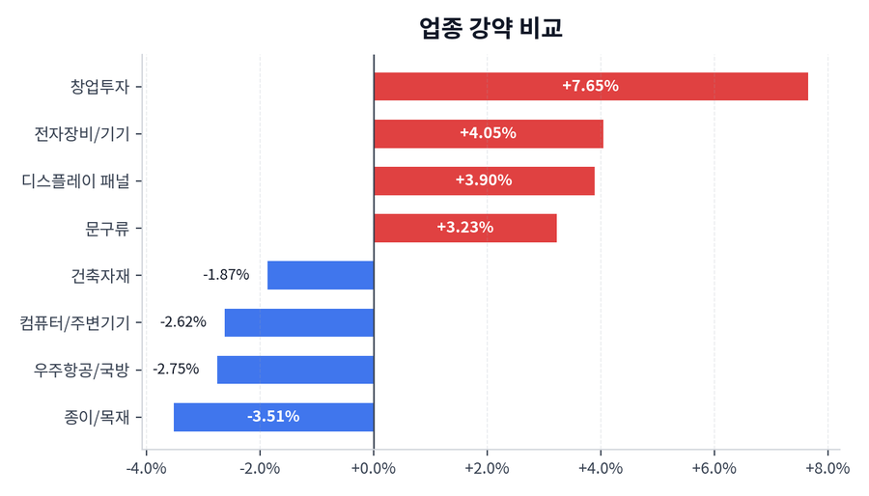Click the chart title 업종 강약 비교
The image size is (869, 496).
(491, 28)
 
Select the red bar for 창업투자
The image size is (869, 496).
(590, 86)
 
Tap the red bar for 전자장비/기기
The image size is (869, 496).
(488, 133)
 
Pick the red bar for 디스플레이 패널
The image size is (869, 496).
(484, 180)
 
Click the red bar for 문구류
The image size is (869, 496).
(464, 228)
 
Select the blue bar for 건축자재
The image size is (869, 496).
(321, 275)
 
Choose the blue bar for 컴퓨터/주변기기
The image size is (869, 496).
(299, 322)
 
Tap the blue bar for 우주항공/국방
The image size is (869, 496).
(295, 370)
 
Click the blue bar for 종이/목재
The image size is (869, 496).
(273, 417)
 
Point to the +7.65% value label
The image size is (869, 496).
(590, 86)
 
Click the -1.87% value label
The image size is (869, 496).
(226, 275)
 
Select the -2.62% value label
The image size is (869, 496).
(183, 322)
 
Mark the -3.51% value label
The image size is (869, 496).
(273, 417)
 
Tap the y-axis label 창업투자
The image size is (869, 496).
(100, 86)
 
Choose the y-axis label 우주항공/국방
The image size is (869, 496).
(81, 370)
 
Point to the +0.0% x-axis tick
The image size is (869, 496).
(374, 469)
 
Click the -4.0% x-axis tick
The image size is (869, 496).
(147, 469)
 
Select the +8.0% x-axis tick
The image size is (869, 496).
(827, 469)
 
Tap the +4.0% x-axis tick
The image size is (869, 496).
(601, 469)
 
